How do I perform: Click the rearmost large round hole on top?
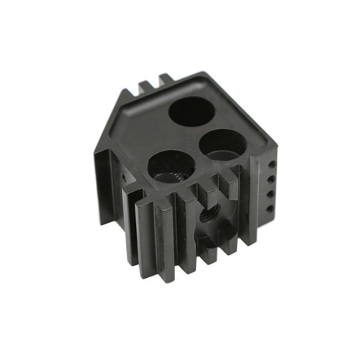click(x=191, y=111)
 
